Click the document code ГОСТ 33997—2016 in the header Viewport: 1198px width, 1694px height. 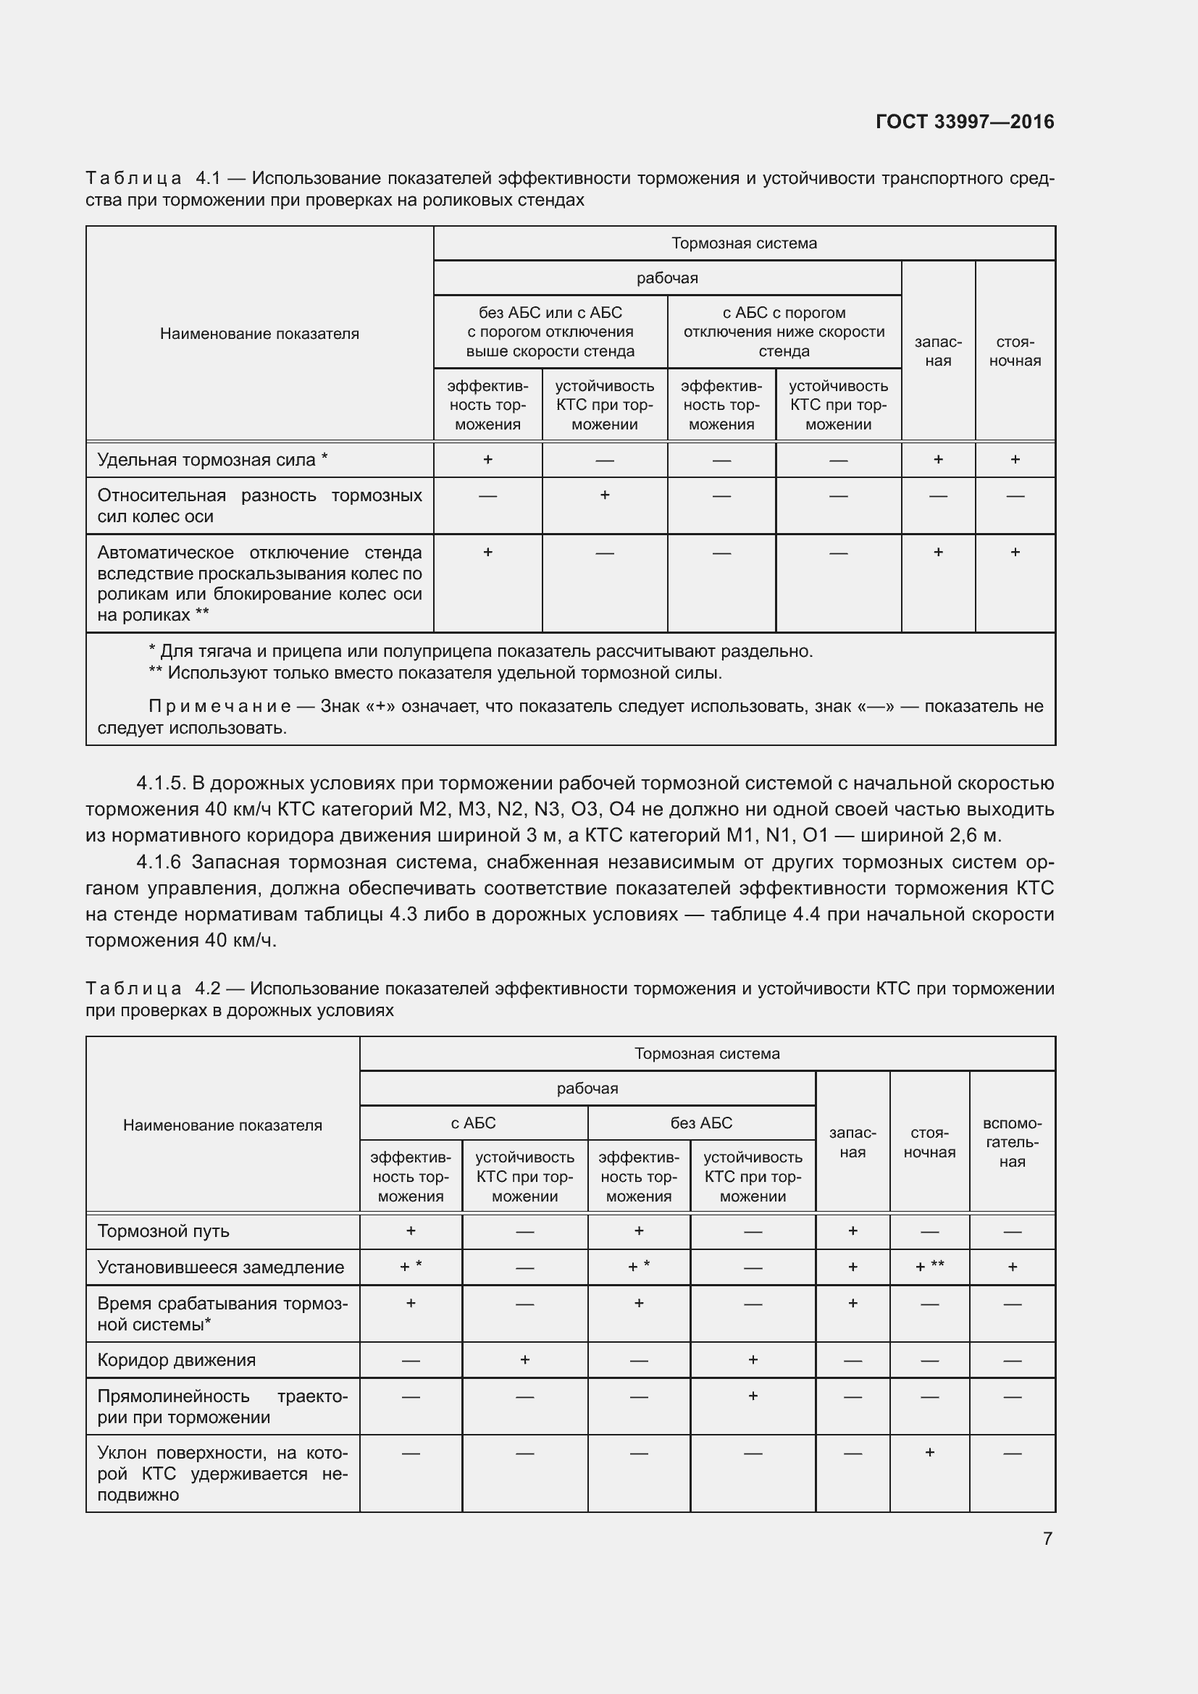(x=964, y=122)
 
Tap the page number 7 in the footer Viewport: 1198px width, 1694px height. (x=1047, y=1538)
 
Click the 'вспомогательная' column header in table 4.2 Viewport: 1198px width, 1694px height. (x=1011, y=1142)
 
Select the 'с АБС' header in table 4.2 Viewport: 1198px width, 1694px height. (x=473, y=1122)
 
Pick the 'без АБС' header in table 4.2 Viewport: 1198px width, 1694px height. (x=701, y=1122)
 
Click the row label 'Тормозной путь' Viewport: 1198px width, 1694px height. (x=163, y=1230)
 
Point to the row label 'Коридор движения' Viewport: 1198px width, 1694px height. (x=176, y=1360)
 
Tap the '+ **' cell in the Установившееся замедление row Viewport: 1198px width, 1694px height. (x=929, y=1267)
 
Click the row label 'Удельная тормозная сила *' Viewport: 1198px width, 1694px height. (x=212, y=460)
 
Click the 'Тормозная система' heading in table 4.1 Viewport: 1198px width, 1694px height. (x=744, y=243)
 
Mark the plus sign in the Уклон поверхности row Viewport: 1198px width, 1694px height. (x=929, y=1452)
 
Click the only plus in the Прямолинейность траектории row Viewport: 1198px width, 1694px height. (x=753, y=1395)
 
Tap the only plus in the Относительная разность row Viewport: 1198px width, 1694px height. (x=604, y=495)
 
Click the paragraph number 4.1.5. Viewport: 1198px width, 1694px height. (x=161, y=783)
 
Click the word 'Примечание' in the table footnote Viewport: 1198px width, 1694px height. (x=219, y=706)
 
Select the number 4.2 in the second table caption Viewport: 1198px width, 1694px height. (x=207, y=988)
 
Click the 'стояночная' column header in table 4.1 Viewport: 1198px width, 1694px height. (x=1014, y=351)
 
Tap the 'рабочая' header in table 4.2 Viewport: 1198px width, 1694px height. (x=587, y=1088)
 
